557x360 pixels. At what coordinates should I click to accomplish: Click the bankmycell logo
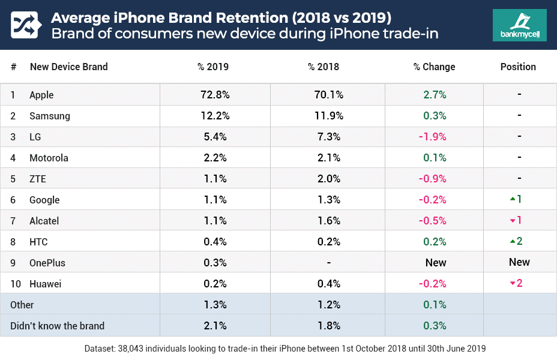[519, 25]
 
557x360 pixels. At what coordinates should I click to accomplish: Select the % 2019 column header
[213, 67]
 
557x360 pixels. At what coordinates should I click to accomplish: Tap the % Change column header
[434, 67]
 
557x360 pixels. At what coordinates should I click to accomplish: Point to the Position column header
[518, 67]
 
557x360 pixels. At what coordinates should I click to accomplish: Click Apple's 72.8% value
[215, 95]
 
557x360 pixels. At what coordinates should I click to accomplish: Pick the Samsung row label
[50, 116]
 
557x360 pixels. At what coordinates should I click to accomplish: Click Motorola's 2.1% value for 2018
[328, 158]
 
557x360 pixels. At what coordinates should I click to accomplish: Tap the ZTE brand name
[38, 179]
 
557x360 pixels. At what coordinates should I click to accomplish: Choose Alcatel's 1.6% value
[328, 220]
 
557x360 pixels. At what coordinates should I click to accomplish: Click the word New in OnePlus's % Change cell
[436, 262]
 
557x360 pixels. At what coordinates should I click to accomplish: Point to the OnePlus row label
[47, 263]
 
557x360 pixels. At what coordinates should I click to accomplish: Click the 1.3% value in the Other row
[215, 305]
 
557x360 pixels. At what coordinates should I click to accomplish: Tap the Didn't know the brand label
[57, 326]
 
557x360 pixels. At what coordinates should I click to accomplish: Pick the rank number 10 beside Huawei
[14, 284]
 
